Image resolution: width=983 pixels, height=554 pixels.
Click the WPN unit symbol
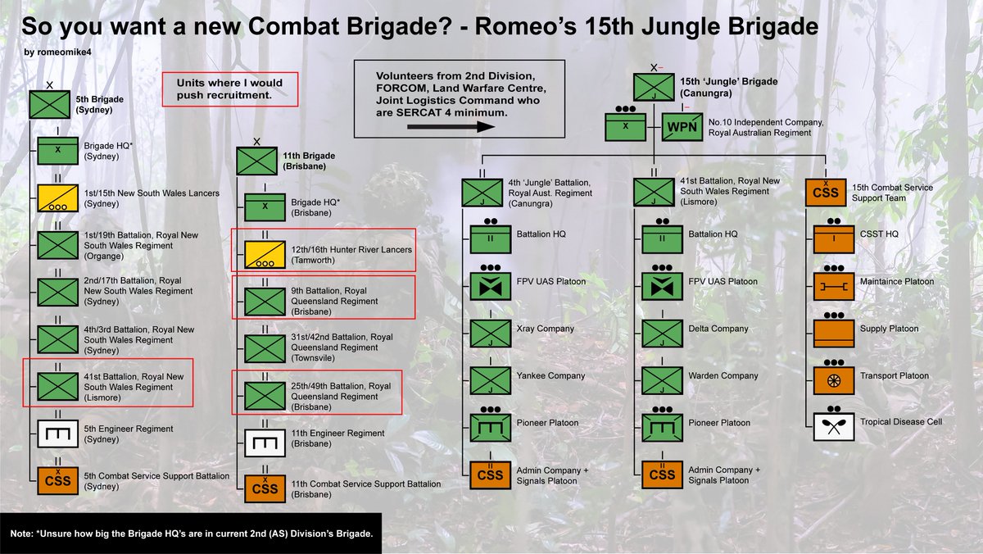pyautogui.click(x=682, y=127)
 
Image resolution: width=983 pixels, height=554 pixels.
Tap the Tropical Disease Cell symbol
pyautogui.click(x=834, y=425)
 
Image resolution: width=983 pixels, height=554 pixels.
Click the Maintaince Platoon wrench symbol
pyautogui.click(x=834, y=286)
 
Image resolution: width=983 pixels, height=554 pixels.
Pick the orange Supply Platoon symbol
pyautogui.click(x=834, y=332)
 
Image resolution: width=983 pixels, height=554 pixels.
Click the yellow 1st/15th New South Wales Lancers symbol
pyautogui.click(x=58, y=198)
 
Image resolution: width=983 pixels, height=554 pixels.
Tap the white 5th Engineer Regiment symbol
pyautogui.click(x=58, y=433)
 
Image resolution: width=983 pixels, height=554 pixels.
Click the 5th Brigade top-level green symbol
pyautogui.click(x=50, y=104)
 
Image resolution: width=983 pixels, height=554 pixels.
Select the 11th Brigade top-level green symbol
pyautogui.click(x=257, y=160)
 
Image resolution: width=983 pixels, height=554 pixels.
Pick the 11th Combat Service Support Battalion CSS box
pyautogui.click(x=265, y=489)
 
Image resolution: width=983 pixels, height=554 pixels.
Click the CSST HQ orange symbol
pyautogui.click(x=834, y=239)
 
